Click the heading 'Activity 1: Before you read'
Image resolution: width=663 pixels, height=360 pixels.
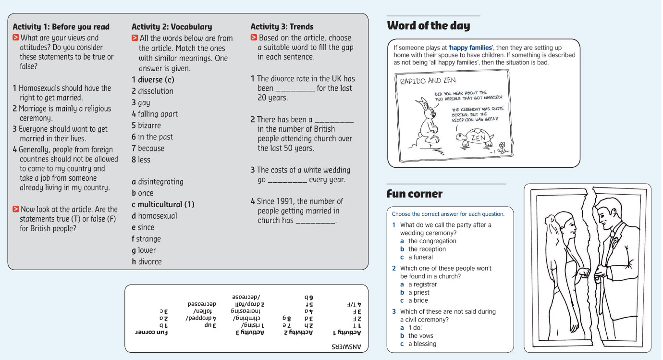tap(61, 27)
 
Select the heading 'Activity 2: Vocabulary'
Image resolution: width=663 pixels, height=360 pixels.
tap(172, 27)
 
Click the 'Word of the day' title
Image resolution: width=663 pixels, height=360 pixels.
tap(428, 26)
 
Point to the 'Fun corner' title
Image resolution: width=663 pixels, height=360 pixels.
tap(415, 194)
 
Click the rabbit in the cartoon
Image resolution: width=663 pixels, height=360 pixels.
tap(427, 123)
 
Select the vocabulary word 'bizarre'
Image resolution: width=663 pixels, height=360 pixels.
tap(149, 125)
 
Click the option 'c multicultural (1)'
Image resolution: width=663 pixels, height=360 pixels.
tap(163, 204)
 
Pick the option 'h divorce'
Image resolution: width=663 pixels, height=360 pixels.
tap(147, 261)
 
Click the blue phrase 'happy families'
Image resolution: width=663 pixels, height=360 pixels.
tap(470, 48)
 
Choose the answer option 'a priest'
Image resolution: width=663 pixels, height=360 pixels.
tap(418, 292)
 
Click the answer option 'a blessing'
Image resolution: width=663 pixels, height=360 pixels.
tap(422, 344)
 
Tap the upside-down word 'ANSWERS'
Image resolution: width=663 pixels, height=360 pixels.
tap(346, 346)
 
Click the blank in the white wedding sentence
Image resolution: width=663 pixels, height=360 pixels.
tap(287, 180)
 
